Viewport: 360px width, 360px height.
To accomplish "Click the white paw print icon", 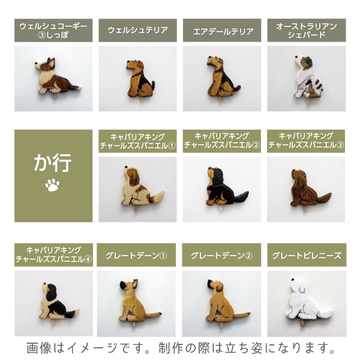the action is [52, 185].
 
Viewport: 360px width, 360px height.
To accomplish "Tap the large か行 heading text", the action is [53, 163].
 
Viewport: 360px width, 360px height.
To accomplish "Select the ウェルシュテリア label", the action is [138, 31].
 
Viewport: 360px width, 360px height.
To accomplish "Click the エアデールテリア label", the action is [222, 31].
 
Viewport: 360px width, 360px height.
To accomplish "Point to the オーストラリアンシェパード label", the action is [307, 31].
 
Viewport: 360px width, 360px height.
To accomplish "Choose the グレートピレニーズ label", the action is [307, 256].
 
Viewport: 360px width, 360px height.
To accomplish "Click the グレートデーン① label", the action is [136, 256].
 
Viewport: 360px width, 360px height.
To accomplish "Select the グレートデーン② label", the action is [221, 256].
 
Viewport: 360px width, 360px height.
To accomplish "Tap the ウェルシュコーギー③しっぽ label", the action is [53, 31].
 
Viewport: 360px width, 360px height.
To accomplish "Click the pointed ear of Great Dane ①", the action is [135, 283].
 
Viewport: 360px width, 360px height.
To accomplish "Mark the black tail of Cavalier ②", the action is [240, 197].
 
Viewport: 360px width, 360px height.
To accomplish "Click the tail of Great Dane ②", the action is [241, 314].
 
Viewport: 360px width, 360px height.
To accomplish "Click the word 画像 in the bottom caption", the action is [39, 348].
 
